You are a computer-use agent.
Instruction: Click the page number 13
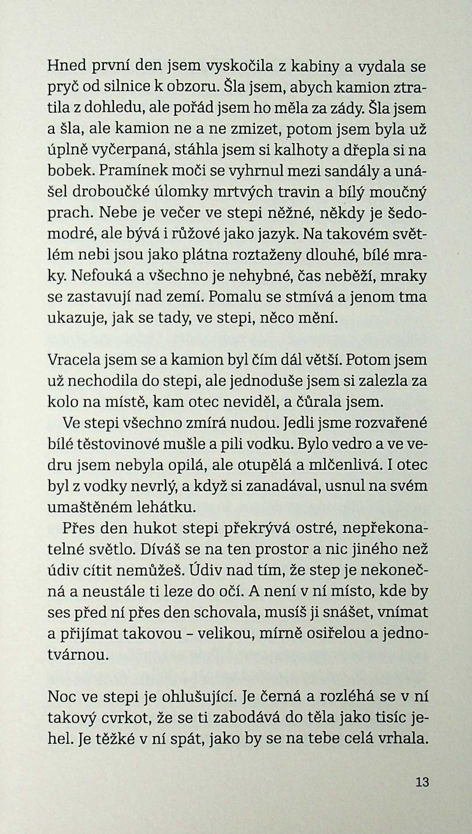pos(421,782)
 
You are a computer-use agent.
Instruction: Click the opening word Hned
pos(66,66)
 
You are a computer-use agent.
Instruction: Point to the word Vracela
pos(74,360)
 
